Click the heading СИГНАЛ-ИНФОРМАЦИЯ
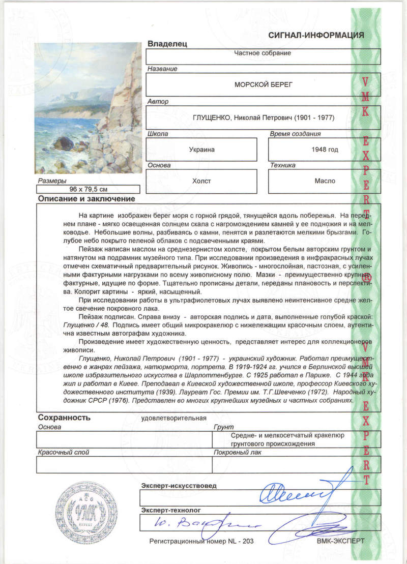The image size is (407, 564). click(316, 35)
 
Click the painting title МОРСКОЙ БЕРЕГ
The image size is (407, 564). click(263, 85)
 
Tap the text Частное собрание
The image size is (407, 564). click(263, 52)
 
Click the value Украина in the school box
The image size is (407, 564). click(201, 150)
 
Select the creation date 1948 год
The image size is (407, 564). click(325, 150)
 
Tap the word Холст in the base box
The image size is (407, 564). click(201, 181)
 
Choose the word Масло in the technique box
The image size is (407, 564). click(325, 181)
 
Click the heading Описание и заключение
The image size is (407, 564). click(86, 199)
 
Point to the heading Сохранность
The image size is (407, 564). click(64, 418)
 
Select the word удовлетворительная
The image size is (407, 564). click(173, 419)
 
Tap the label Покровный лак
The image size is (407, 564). click(238, 452)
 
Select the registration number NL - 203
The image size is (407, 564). click(244, 541)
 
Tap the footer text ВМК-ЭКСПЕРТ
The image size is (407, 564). click(340, 541)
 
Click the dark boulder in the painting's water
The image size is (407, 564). click(63, 143)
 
